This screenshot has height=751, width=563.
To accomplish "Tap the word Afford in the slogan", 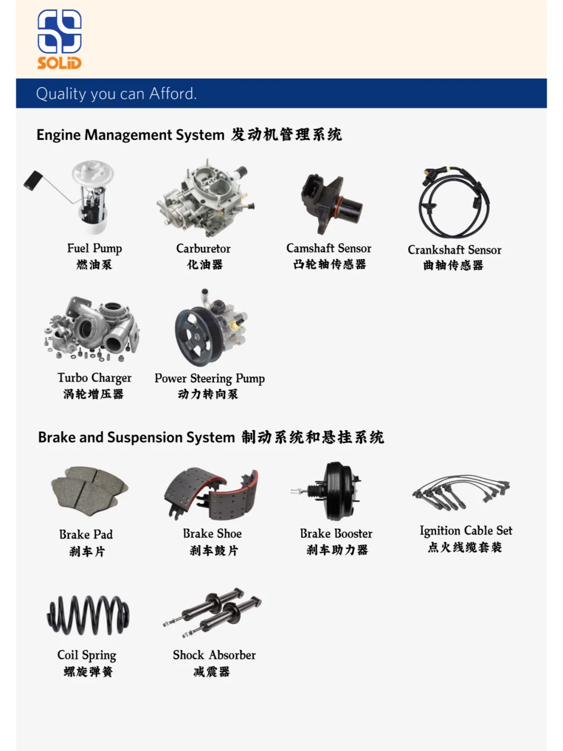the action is tap(173, 94).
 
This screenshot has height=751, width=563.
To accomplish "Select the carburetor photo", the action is tap(206, 199).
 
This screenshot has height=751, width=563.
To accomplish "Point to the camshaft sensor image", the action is tap(330, 203).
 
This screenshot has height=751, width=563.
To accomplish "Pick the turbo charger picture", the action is tap(92, 329).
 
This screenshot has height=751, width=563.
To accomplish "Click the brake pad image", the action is tap(90, 491).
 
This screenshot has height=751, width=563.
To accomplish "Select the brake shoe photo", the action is tap(211, 494).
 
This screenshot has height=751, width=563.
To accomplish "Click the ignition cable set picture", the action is tap(461, 492).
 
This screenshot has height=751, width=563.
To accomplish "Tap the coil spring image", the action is tap(88, 615).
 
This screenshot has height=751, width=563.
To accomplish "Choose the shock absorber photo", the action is tap(213, 612).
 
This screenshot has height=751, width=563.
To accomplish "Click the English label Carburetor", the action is tap(203, 248).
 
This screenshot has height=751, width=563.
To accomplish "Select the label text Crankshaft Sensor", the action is tap(455, 250).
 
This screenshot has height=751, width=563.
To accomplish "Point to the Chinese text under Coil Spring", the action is tap(88, 672).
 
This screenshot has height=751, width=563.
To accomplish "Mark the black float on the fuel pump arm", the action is tap(32, 180).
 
